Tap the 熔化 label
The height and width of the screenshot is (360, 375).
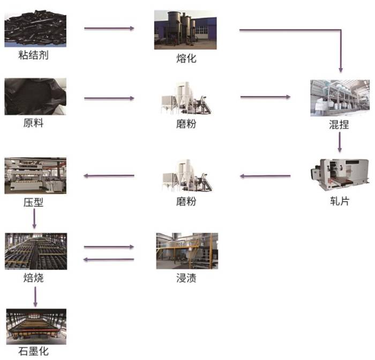[186, 58]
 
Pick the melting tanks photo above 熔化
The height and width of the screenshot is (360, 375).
[186, 29]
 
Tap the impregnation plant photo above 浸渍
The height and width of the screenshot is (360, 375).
[186, 251]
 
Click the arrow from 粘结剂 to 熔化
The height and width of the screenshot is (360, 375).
[109, 28]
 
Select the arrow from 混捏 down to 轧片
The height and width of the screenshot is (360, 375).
[339, 141]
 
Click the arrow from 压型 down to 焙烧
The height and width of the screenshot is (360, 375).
[34, 219]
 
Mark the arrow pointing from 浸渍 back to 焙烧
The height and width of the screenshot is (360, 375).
[109, 259]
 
